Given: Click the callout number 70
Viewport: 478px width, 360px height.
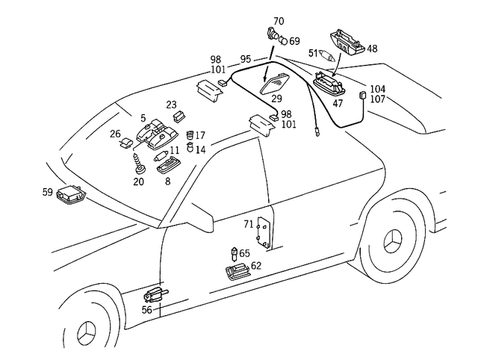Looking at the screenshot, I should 279,21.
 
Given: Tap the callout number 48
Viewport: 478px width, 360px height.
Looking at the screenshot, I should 372,49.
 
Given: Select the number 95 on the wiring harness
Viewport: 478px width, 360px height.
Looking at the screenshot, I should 245,58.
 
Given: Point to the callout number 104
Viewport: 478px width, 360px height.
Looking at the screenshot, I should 378,89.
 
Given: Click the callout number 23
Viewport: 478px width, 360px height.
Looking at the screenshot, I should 171,105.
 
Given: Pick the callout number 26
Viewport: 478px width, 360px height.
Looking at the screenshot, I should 116,134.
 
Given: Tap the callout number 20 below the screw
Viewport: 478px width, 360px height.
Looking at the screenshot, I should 138,181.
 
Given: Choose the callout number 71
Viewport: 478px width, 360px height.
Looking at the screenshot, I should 249,224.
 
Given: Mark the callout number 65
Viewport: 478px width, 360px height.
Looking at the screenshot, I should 245,254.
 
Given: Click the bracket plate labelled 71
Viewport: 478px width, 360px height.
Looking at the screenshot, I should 262,232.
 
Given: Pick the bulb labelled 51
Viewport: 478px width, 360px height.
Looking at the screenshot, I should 326,55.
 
